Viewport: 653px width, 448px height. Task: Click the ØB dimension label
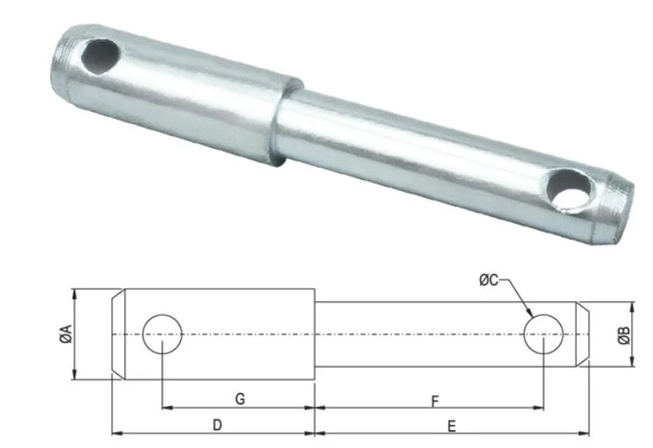[623, 335]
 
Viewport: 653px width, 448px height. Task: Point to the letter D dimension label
[216, 425]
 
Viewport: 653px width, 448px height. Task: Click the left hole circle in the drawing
[162, 335]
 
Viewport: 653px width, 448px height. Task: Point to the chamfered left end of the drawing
[119, 335]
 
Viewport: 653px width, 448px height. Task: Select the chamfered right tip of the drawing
[580, 335]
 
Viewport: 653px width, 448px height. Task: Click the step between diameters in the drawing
[314, 335]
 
